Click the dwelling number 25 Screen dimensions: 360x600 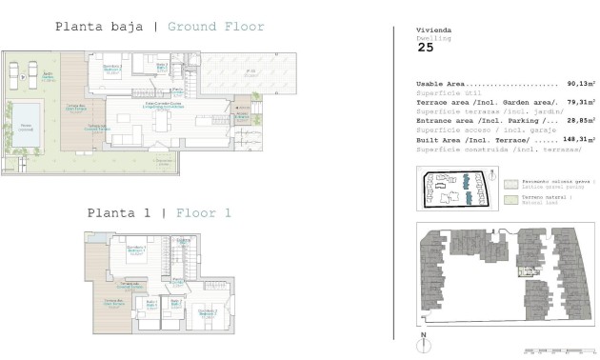pos(425,46)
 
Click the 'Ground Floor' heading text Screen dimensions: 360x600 pos(216,26)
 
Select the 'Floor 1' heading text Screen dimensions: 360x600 pos(203,212)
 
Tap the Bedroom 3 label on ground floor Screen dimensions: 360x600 pos(111,69)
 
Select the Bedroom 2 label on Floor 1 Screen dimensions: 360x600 pos(208,312)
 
